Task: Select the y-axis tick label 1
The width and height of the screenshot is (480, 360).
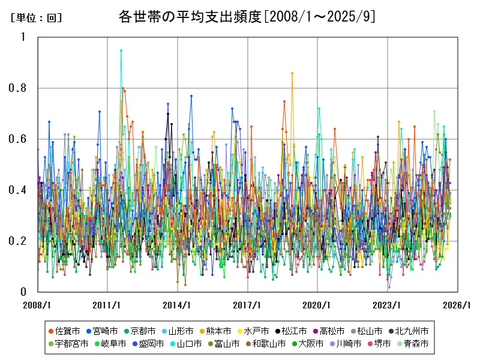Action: (23, 37)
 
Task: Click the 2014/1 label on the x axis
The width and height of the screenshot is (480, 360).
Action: (178, 305)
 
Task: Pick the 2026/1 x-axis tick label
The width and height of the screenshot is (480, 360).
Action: (457, 305)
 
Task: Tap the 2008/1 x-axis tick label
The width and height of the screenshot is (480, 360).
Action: (38, 305)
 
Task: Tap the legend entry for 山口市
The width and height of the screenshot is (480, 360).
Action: (181, 344)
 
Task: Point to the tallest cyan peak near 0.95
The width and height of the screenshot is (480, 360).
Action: (121, 50)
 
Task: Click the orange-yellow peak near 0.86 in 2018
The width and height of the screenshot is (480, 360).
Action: (292, 73)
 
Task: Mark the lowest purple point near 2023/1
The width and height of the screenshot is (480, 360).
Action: (389, 287)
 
